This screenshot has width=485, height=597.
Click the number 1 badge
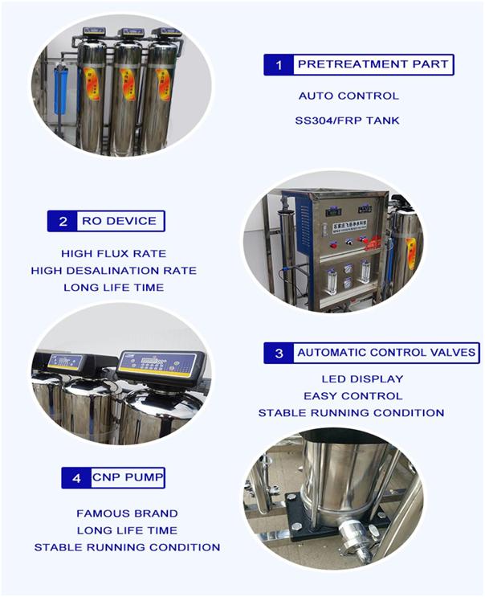279,65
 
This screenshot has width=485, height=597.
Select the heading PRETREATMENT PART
373,64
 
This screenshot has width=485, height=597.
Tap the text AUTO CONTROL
348,96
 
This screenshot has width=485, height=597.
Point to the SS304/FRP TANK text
347,121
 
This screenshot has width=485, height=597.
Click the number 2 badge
63,221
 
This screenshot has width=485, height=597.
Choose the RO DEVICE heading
119,221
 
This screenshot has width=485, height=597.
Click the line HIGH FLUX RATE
114,254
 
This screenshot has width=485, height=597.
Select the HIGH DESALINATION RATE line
114,271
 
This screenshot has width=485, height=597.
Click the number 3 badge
279,353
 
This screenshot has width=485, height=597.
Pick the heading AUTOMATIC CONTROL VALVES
386,353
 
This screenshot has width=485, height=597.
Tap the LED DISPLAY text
362,379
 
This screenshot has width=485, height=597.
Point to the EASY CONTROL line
353,396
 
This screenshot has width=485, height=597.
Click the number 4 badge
76,478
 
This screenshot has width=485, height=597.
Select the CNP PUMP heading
128,477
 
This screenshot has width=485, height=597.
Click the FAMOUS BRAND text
127,513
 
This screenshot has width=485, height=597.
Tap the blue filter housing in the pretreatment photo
60,89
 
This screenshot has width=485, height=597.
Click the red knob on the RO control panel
333,245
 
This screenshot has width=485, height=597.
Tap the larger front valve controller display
158,364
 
